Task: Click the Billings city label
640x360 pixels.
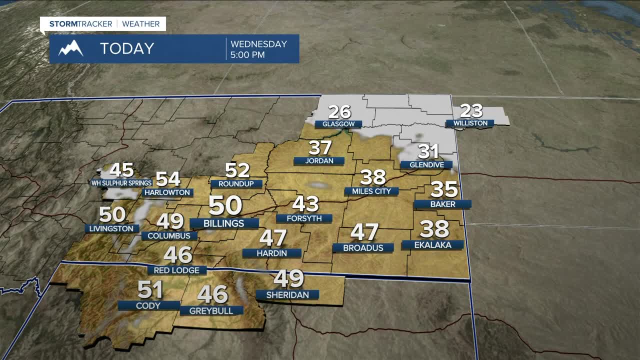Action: (x=224, y=223)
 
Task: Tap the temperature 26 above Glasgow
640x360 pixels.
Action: (x=339, y=112)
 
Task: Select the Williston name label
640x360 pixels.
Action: (x=470, y=123)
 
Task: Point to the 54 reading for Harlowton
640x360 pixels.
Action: (x=168, y=179)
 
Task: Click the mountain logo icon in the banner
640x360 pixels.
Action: (x=70, y=48)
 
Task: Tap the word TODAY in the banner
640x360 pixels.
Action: (x=127, y=48)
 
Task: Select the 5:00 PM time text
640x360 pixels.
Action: (x=247, y=55)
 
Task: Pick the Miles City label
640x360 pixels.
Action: (x=371, y=191)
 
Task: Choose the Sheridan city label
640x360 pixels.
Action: (x=287, y=295)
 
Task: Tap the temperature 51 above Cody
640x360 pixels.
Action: (x=150, y=290)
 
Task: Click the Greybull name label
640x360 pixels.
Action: (x=211, y=310)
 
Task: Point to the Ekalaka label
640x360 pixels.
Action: (x=433, y=245)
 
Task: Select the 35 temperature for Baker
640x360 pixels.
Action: (x=444, y=189)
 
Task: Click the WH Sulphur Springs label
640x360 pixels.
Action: (x=121, y=183)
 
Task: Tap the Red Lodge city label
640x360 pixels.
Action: (x=177, y=270)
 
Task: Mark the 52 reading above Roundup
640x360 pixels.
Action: (x=237, y=170)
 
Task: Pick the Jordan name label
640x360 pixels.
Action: (x=319, y=161)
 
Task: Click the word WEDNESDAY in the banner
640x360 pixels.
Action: (x=258, y=44)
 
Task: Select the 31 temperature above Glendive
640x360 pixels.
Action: (x=428, y=151)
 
